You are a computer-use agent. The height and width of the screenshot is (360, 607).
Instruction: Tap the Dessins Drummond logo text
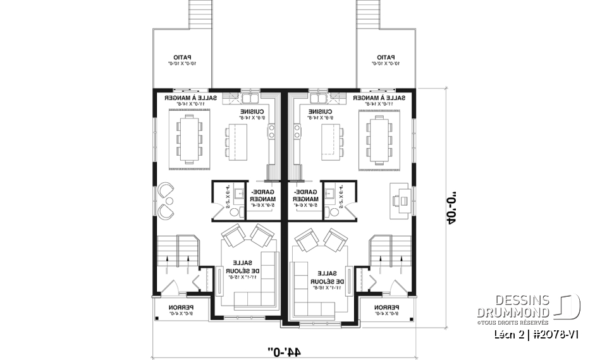513,306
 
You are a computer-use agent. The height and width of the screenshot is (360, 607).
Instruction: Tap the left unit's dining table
188,139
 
